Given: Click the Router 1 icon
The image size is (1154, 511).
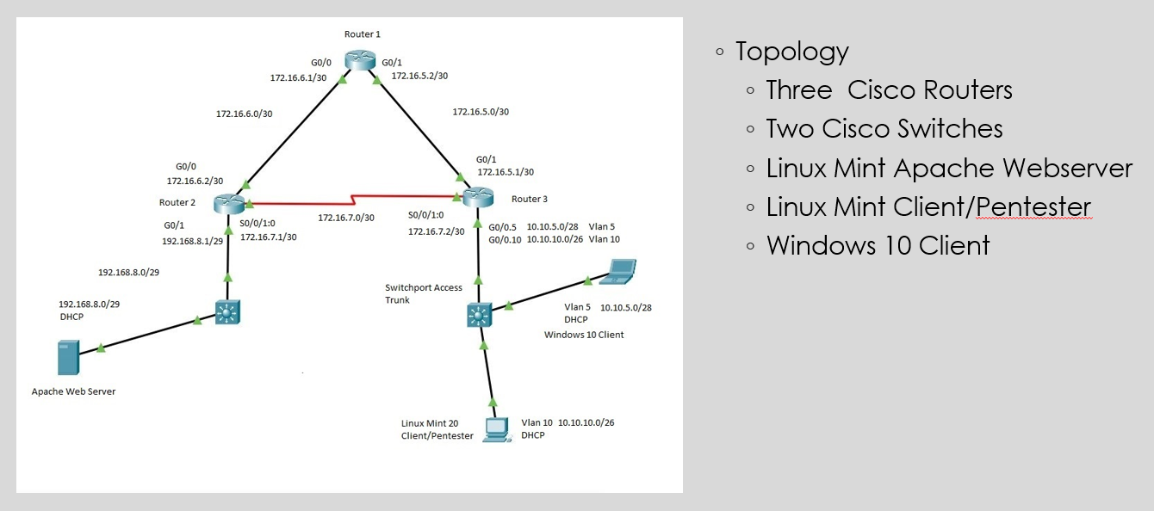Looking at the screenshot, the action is [360, 60].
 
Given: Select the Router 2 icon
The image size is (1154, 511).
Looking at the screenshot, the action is [229, 203].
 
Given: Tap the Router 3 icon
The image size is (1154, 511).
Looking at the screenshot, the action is [478, 197].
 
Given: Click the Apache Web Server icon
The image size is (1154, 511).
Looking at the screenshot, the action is [69, 357].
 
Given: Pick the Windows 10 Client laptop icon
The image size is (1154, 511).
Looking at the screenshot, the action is [618, 272].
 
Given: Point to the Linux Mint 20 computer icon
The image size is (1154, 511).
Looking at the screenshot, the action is [497, 430].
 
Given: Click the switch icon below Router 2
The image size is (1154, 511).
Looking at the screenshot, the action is [227, 312].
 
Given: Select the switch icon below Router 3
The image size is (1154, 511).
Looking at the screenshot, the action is [479, 315].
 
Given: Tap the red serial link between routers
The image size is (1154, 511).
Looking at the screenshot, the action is [353, 200].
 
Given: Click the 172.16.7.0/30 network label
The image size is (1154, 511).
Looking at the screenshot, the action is [346, 218].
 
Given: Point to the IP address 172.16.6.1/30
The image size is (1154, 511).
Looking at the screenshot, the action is [298, 77].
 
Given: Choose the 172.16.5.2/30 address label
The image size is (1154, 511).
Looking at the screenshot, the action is [420, 76].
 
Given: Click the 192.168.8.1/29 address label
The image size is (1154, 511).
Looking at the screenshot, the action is [193, 241].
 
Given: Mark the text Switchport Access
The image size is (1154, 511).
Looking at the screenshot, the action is [424, 287].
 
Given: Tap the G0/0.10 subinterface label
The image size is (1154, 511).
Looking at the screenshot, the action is [505, 239].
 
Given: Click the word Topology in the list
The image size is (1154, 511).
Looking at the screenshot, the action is [791, 52].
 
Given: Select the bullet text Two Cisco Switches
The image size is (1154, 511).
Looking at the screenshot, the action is [884, 129].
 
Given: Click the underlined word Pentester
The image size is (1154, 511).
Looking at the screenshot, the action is [1033, 206].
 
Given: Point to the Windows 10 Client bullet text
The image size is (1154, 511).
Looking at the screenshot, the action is [878, 245].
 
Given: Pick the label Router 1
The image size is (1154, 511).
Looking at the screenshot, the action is [363, 34].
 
